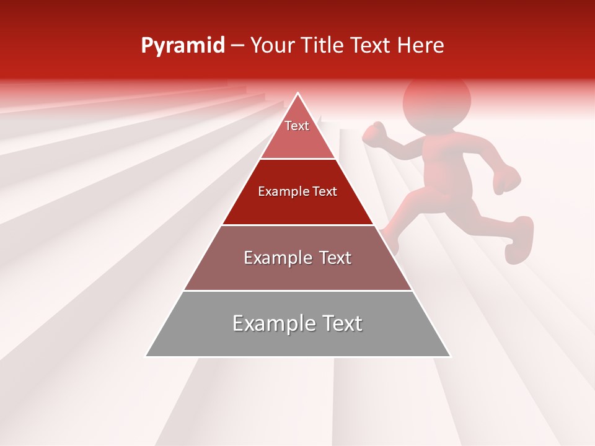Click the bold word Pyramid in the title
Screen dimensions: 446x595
(182, 46)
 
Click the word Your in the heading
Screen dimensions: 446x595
(271, 46)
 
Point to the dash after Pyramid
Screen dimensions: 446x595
(237, 46)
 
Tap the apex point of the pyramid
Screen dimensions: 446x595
(298, 94)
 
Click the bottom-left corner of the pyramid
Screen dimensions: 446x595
(146, 356)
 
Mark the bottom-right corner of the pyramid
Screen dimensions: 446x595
(450, 356)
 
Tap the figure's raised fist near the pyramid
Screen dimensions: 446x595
(374, 133)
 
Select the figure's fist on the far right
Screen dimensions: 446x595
(507, 180)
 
